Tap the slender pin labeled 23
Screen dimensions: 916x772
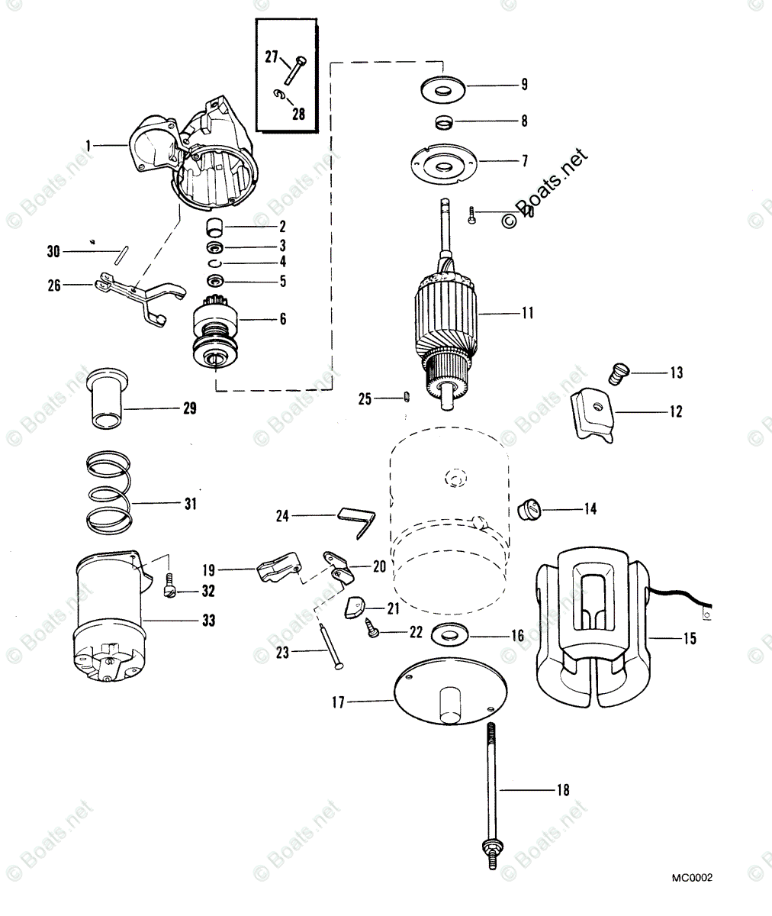(x=328, y=646)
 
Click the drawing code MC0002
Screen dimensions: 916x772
(x=693, y=879)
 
